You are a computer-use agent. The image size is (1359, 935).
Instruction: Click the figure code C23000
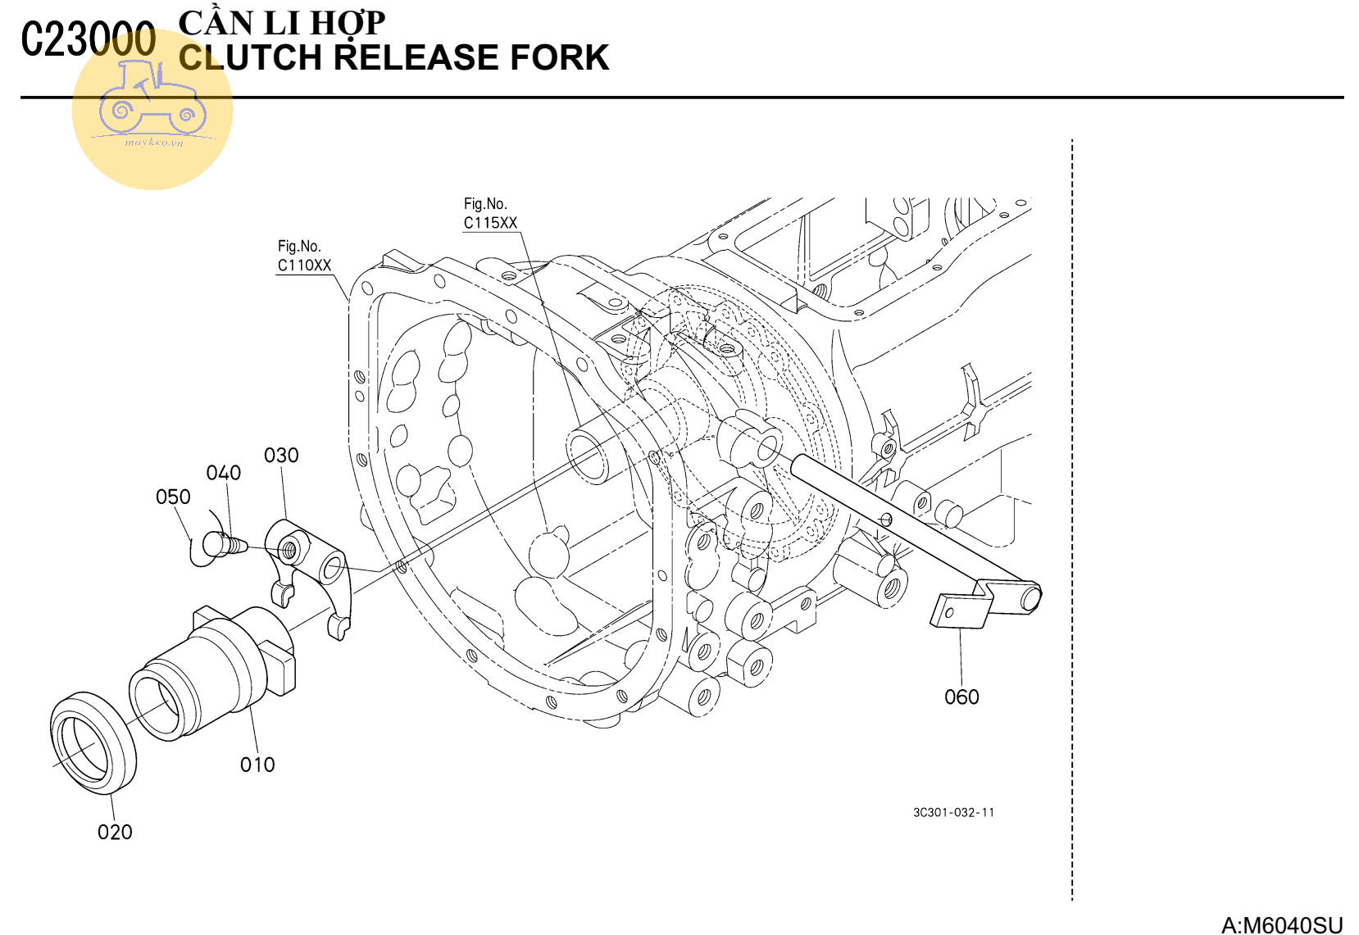pyautogui.click(x=89, y=39)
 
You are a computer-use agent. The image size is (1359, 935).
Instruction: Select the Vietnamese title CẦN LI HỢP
pyautogui.click(x=281, y=22)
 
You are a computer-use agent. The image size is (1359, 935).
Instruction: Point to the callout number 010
pyautogui.click(x=257, y=765)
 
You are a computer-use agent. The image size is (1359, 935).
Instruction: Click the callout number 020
pyautogui.click(x=115, y=832)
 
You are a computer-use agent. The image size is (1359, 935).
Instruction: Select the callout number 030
pyautogui.click(x=281, y=456)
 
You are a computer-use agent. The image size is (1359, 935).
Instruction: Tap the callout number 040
pyautogui.click(x=223, y=473)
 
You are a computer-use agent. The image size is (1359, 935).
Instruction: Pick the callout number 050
pyautogui.click(x=173, y=497)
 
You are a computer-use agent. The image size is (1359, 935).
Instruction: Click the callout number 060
pyautogui.click(x=961, y=697)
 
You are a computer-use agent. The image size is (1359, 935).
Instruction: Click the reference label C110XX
pyautogui.click(x=304, y=265)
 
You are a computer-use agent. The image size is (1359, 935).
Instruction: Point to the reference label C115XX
pyautogui.click(x=490, y=223)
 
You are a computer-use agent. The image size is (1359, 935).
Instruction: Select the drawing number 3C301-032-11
pyautogui.click(x=953, y=812)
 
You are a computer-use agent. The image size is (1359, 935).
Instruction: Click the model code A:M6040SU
pyautogui.click(x=1282, y=925)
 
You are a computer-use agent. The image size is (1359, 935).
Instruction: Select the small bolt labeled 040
pyautogui.click(x=226, y=543)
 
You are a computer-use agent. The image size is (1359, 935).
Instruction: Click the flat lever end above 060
pyautogui.click(x=959, y=610)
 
